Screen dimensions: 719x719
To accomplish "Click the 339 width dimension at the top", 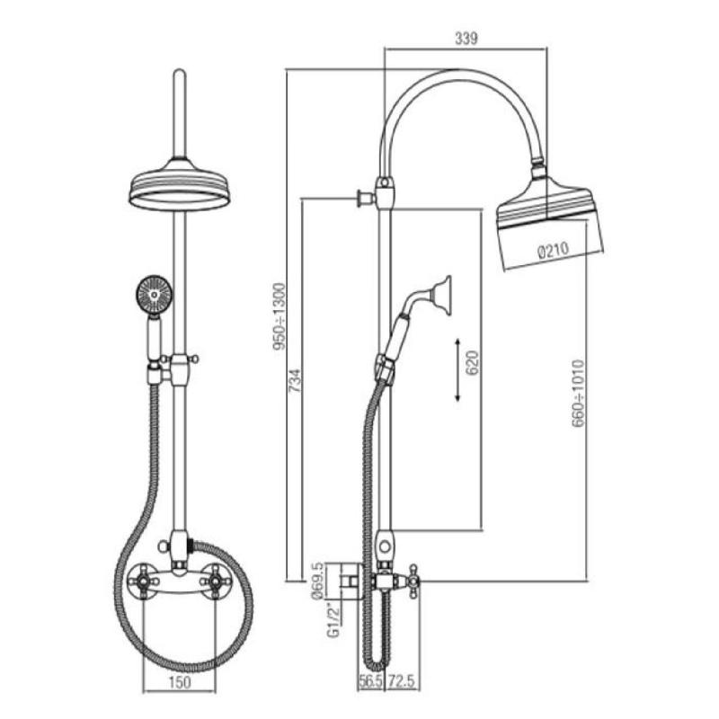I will pyautogui.click(x=466, y=38).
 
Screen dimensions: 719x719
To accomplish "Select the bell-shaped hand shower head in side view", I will pyautogui.click(x=439, y=292).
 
